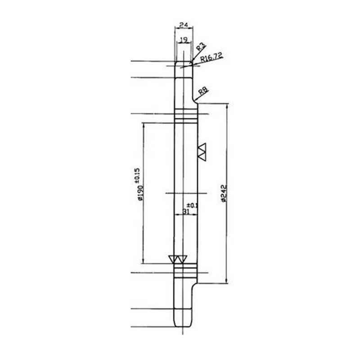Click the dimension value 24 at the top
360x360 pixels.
tap(184, 25)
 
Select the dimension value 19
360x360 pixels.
tap(184, 40)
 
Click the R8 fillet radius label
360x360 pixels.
tap(203, 91)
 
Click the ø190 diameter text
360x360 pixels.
tap(140, 193)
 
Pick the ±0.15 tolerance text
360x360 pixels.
tap(137, 175)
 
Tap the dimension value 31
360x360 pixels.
tap(186, 211)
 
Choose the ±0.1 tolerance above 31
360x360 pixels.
tap(192, 205)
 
